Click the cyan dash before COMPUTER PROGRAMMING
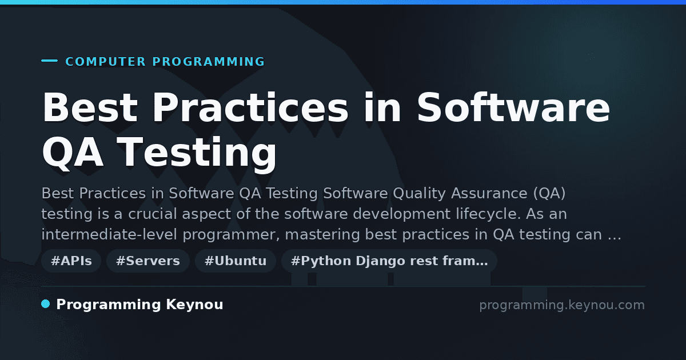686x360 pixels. [x=49, y=61]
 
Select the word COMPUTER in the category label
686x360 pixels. [x=106, y=62]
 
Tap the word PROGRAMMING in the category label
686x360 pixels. [x=208, y=62]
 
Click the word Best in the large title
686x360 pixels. [x=90, y=107]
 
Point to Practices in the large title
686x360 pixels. [x=250, y=107]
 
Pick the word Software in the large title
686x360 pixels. [x=513, y=107]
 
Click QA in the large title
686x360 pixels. [x=73, y=153]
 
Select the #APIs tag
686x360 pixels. [x=71, y=261]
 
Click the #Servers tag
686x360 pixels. [x=148, y=261]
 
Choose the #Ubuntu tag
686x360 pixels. [x=236, y=261]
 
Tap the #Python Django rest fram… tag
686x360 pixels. [x=389, y=261]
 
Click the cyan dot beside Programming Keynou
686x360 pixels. [x=45, y=304]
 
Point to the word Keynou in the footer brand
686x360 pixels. [x=194, y=305]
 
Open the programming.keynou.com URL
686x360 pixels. [x=562, y=305]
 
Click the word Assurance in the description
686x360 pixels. [x=489, y=194]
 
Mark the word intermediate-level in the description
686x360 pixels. [x=109, y=234]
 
